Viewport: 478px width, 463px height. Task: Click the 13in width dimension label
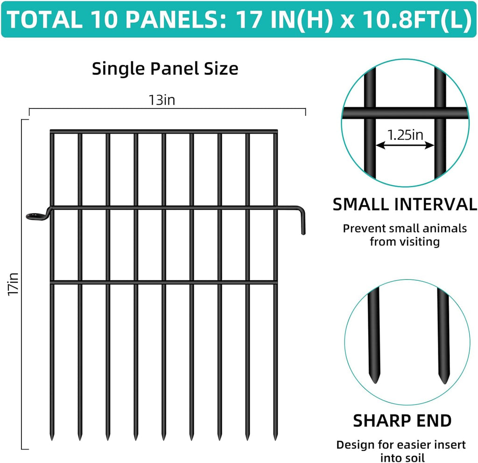click(x=162, y=100)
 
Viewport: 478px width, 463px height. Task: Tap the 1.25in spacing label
click(x=405, y=135)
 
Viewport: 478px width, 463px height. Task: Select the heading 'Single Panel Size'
click(x=165, y=69)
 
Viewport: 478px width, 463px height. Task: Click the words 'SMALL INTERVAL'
click(x=404, y=204)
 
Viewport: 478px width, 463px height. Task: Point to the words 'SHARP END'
click(x=402, y=420)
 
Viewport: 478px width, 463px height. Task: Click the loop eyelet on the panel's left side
click(x=35, y=216)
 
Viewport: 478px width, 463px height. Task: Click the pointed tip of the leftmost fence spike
click(x=52, y=438)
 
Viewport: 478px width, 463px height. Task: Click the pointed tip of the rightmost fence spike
click(x=275, y=438)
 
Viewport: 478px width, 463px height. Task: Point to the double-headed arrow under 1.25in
click(x=405, y=146)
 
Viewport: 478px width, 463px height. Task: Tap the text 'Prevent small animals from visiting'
click(x=404, y=235)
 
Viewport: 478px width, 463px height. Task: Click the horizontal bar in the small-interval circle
click(x=404, y=113)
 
